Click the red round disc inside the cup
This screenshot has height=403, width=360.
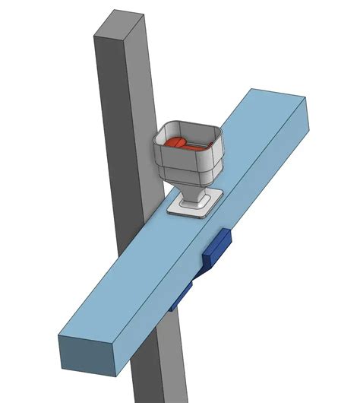[175, 141]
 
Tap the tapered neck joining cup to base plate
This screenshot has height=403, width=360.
[194, 193]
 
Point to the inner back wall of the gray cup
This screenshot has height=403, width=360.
[194, 131]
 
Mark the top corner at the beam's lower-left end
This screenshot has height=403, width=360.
[62, 335]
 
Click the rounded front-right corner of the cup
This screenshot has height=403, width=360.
[221, 157]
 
